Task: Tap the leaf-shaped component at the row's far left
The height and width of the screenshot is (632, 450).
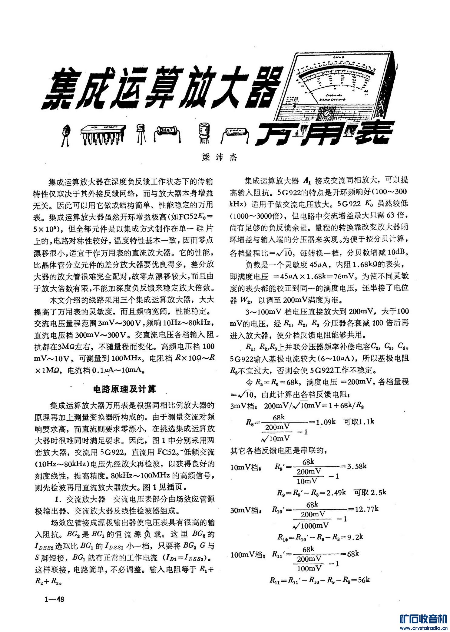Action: pos(65,133)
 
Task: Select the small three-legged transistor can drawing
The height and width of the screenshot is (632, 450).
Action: pos(141,132)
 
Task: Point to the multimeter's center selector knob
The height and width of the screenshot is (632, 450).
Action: pos(326,113)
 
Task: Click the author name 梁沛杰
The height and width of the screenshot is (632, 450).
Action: pos(220,157)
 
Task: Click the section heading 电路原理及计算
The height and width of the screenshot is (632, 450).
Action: pos(124,389)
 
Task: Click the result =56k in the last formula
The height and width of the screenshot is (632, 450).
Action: pos(362,580)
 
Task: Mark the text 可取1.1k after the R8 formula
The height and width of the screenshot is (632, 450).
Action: pos(359,422)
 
